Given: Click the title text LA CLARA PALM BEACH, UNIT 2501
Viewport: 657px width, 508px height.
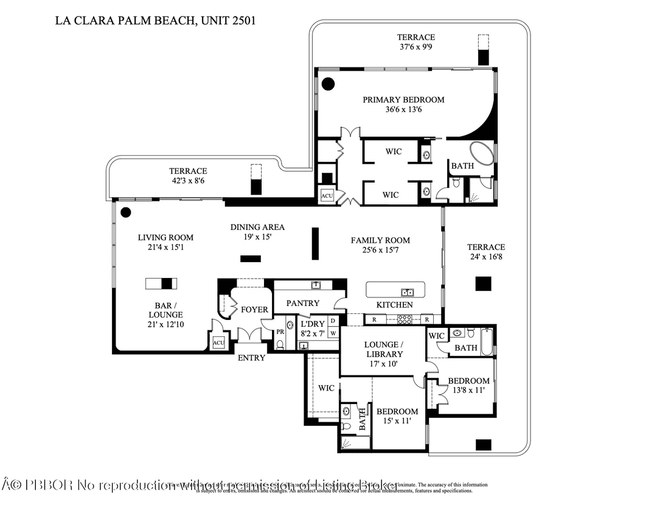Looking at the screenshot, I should (155, 20).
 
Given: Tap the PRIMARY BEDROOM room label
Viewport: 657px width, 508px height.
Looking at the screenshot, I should (403, 100).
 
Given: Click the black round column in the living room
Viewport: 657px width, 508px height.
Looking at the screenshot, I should (125, 212).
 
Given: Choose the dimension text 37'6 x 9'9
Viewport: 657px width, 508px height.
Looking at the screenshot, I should (416, 47).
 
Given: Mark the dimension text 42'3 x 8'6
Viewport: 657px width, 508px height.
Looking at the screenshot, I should (188, 181).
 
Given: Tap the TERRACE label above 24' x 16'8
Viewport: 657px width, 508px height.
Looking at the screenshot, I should (485, 247).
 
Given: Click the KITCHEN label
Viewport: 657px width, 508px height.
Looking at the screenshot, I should (394, 305).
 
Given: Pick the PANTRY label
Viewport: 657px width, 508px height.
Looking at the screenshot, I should (303, 303).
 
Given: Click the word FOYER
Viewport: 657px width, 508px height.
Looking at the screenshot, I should (254, 310).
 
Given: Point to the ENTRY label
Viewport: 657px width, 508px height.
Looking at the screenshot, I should (251, 358).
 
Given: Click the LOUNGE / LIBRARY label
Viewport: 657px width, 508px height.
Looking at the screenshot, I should (384, 350).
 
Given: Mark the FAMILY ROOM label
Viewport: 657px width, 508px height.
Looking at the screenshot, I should (380, 240).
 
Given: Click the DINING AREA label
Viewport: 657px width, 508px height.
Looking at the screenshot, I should (257, 227).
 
